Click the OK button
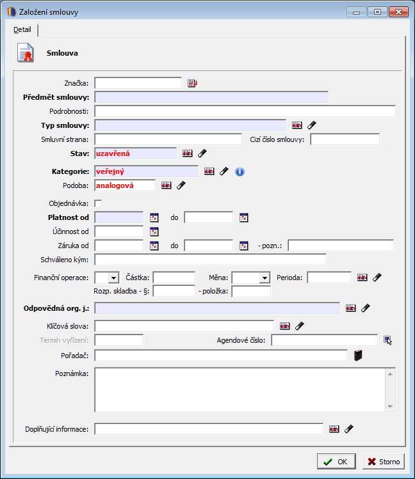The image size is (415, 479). tap(336, 461)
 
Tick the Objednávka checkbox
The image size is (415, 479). tap(98, 203)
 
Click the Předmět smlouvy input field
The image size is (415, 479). tap(211, 97)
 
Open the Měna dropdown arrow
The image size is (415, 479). tap(264, 278)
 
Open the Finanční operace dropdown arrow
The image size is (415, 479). tap(113, 278)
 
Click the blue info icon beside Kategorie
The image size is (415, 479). tap(240, 171)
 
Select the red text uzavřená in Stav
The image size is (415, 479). tap(113, 153)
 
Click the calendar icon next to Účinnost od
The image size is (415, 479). tap(154, 232)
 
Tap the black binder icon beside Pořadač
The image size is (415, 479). tap(358, 356)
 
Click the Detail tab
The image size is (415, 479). tap(22, 29)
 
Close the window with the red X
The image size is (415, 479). tap(398, 12)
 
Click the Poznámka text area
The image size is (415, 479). tap(240, 390)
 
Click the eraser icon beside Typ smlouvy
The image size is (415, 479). tap(312, 125)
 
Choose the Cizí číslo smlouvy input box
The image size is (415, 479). tap(345, 139)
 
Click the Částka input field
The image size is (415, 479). tap(174, 278)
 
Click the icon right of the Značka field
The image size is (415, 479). tap(192, 83)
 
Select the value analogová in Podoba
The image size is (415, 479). tap(115, 185)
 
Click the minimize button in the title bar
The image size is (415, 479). tap(356, 12)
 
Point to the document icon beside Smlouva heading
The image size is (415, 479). tap(26, 53)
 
